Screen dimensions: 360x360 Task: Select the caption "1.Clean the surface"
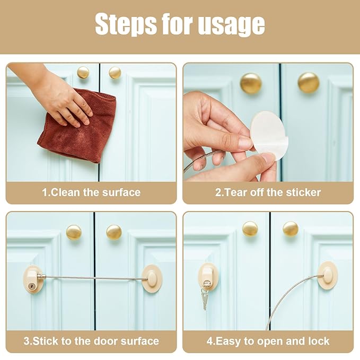tap(91, 192)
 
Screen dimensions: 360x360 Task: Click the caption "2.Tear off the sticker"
tap(268, 192)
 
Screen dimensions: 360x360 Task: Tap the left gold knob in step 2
tap(250, 83)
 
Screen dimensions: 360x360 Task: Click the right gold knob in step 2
tap(308, 83)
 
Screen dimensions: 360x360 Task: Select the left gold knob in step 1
tap(83, 72)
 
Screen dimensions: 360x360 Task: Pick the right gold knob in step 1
tap(115, 73)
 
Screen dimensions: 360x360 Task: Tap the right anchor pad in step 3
tap(152, 277)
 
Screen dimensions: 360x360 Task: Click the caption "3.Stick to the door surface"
tap(91, 341)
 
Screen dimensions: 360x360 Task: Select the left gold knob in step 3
tap(74, 232)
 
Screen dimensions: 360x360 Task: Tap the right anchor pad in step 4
tap(327, 275)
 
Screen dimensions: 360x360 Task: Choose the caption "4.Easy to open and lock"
tap(268, 341)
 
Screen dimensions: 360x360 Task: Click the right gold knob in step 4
tap(290, 229)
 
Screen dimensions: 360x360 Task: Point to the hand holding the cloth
tap(61, 98)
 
